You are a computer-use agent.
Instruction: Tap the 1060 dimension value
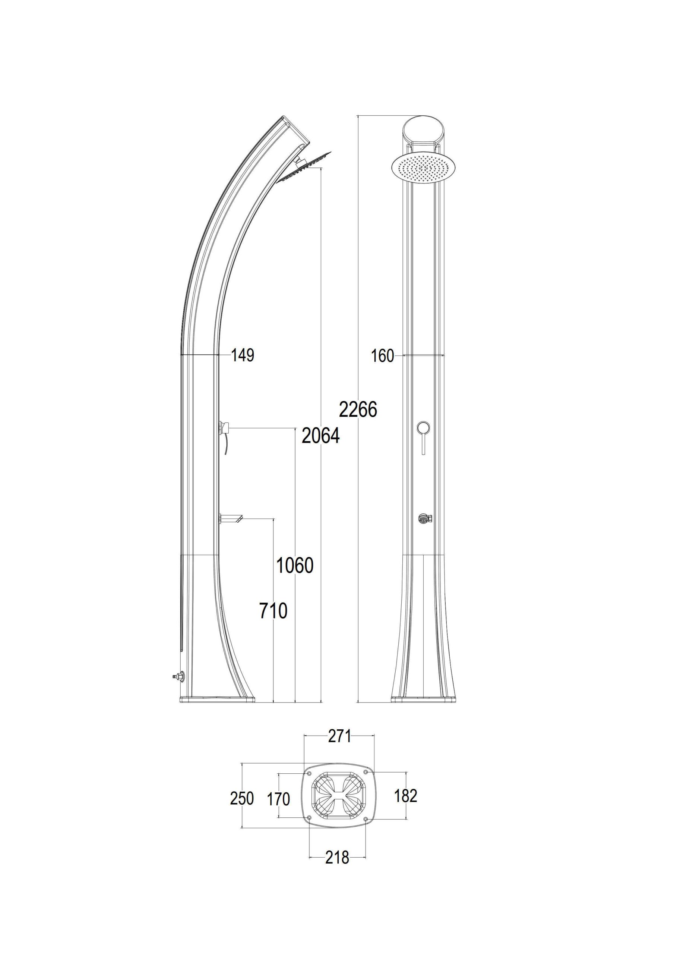pyautogui.click(x=295, y=565)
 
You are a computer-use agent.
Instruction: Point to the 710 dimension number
pyautogui.click(x=273, y=611)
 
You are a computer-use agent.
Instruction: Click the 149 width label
pyautogui.click(x=243, y=356)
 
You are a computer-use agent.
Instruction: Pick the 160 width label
pyautogui.click(x=382, y=356)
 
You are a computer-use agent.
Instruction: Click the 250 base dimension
pyautogui.click(x=242, y=798)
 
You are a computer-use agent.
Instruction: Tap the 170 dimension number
pyautogui.click(x=278, y=799)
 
